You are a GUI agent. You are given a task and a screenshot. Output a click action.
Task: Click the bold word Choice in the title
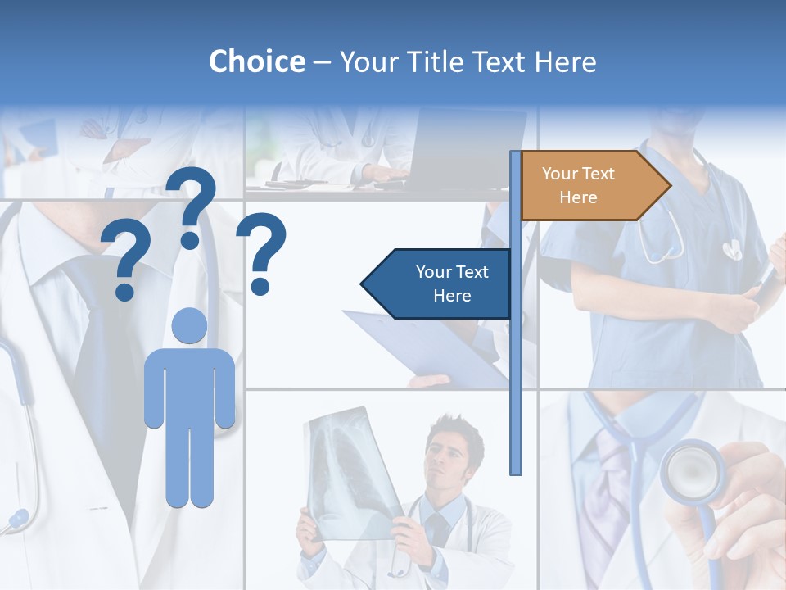pyautogui.click(x=256, y=61)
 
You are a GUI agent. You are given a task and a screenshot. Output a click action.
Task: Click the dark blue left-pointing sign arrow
pyautogui.click(x=438, y=284)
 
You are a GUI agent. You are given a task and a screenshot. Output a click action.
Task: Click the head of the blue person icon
pyautogui.click(x=189, y=326)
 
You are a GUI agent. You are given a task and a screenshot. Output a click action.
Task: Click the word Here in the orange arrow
pyautogui.click(x=578, y=197)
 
